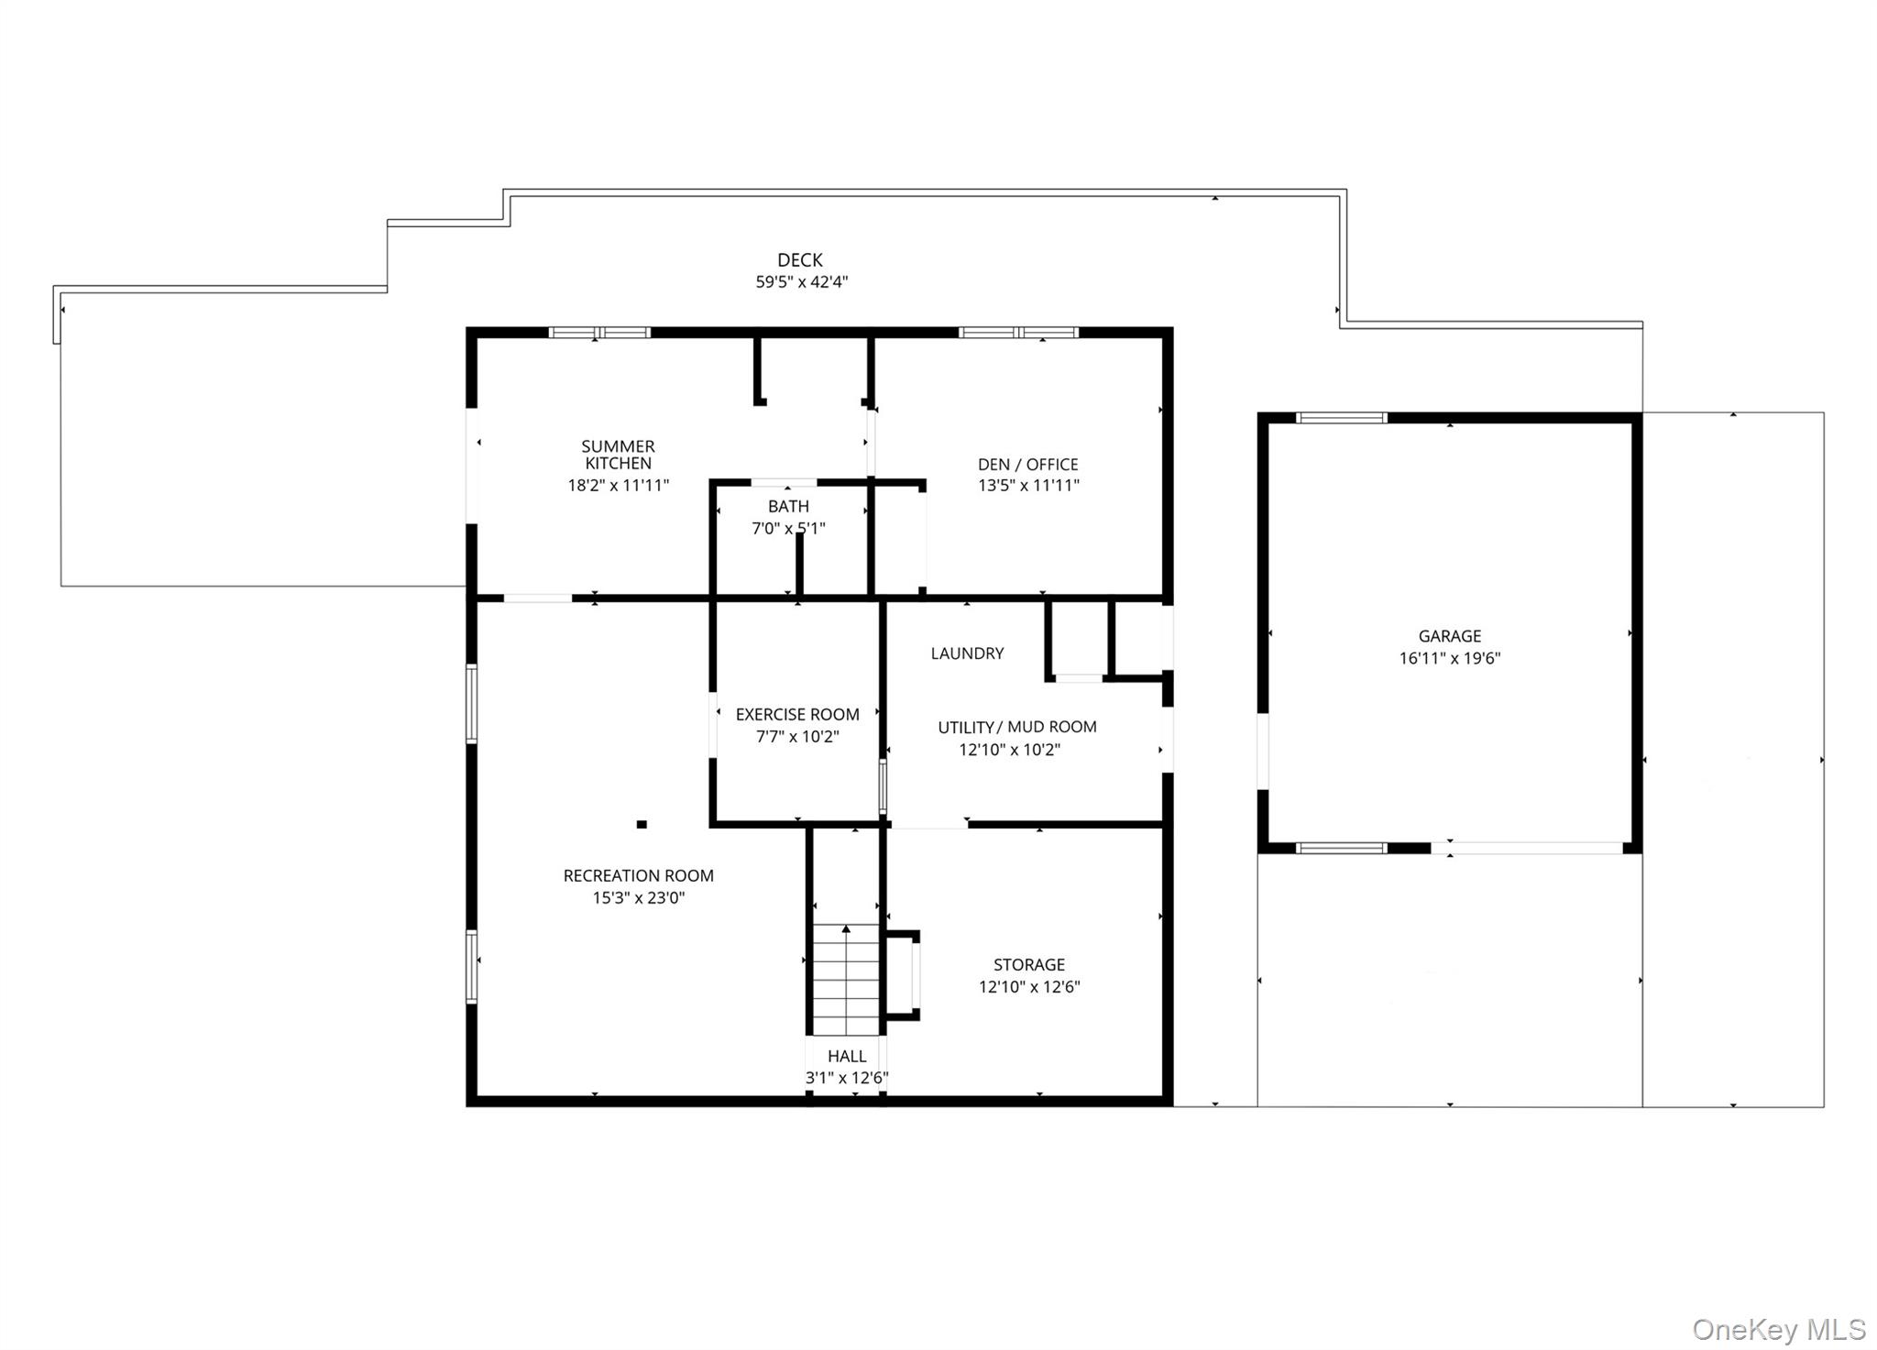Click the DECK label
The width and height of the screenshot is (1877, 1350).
coord(800,260)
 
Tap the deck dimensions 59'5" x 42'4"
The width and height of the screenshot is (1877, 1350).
coord(801,282)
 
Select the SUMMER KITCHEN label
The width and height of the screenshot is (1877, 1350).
coord(619,455)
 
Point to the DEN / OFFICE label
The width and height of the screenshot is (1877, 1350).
coord(1028,465)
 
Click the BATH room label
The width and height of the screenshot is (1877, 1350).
coord(788,507)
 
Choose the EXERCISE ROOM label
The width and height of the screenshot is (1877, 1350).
coord(797,715)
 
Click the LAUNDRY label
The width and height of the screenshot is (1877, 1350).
coord(968,653)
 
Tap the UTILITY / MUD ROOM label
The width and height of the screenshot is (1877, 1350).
coord(1017,728)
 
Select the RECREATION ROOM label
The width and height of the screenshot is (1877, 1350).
coord(639,876)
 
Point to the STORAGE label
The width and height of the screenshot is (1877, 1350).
coord(1029,965)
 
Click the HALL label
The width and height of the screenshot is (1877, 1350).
coord(847,1057)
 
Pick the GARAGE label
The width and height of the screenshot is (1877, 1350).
coord(1450,636)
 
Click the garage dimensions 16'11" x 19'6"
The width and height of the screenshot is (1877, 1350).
coord(1450,658)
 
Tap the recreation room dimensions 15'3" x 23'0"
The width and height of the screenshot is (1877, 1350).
coord(639,898)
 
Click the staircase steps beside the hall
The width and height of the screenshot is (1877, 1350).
coord(846,980)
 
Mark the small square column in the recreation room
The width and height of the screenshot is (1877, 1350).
coord(642,825)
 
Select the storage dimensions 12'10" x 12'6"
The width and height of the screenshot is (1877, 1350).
coord(1029,987)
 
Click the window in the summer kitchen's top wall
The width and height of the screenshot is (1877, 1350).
coord(599,333)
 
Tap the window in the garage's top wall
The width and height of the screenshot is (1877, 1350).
coord(1342,418)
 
